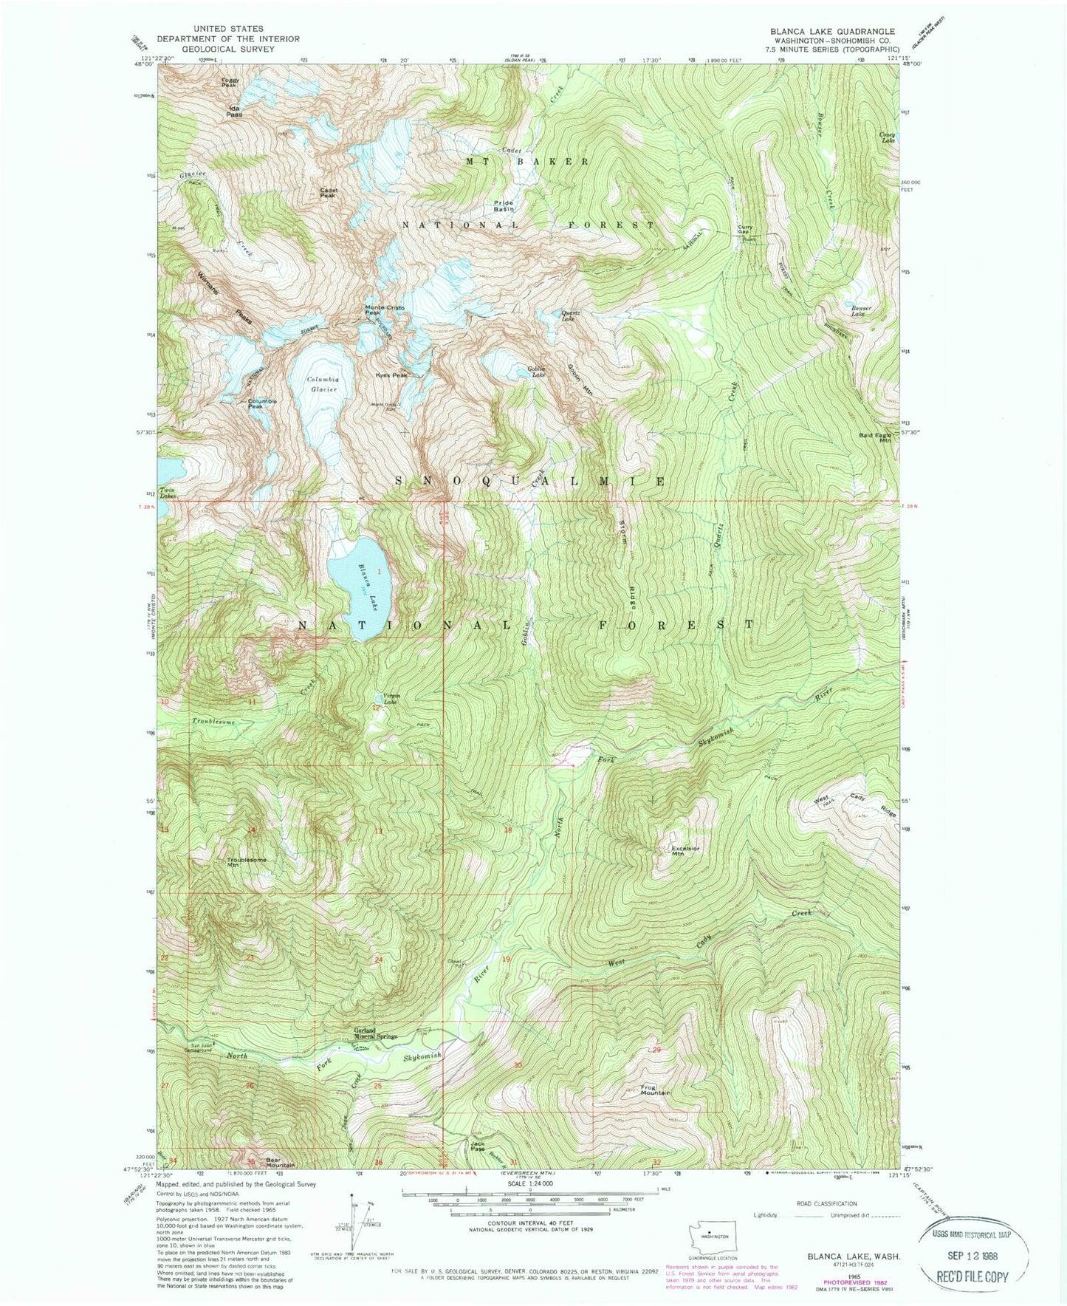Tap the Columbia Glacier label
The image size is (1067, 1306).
[x=322, y=384]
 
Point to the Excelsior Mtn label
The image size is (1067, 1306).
[x=685, y=850]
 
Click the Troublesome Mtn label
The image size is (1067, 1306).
[x=247, y=862]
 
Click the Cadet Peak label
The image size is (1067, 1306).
[x=329, y=193]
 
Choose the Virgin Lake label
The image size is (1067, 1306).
[x=389, y=699]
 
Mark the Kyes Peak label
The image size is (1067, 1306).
[x=391, y=375]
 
